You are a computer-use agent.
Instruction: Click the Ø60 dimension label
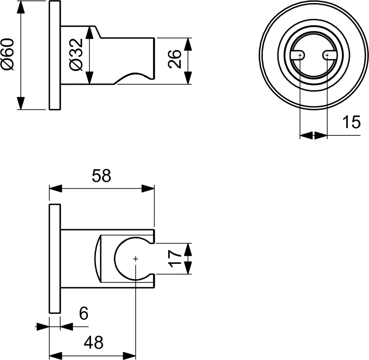8,54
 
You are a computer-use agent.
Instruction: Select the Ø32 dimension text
76,54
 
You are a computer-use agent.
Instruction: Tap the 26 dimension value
174,59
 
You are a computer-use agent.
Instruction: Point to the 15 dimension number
351,122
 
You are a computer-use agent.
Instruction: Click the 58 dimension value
101,176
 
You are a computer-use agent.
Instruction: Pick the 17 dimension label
175,258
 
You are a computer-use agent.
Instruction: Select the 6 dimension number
83,314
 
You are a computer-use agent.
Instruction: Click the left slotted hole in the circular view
298,55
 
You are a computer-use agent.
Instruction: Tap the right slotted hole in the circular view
329,55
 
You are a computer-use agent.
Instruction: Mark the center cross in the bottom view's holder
135,258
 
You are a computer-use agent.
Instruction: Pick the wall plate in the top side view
54,55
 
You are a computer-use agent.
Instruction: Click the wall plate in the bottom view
54,258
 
